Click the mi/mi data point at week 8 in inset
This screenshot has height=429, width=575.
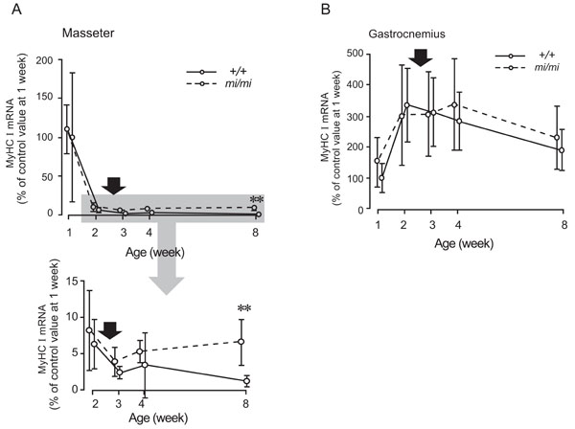pos(244,342)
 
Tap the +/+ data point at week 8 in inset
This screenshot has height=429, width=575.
pos(246,380)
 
